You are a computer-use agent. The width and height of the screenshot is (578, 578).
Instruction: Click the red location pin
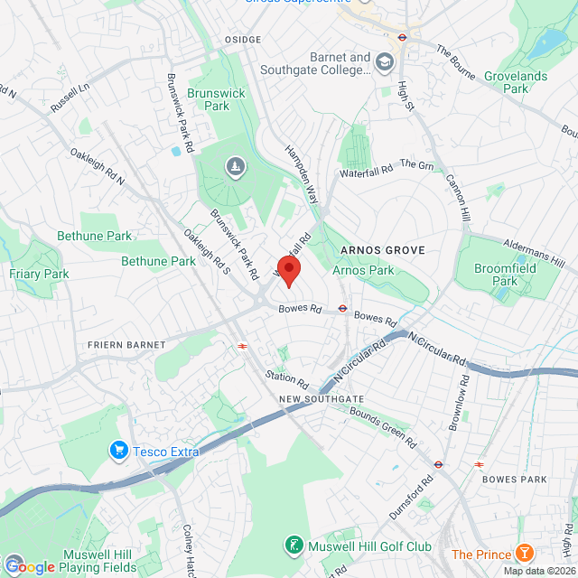[x=288, y=270]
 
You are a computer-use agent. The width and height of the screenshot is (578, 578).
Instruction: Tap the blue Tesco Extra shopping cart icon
[x=117, y=449]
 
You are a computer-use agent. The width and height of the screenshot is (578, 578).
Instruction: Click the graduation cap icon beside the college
[x=385, y=62]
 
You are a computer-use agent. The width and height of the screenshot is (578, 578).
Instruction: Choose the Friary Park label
[x=39, y=274]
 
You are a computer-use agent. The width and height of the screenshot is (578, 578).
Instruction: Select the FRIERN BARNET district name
[x=126, y=345]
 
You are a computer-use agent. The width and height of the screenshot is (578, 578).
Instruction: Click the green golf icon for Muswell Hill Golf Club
[x=294, y=545]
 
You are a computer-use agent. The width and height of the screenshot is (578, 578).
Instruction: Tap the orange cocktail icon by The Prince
[x=524, y=555]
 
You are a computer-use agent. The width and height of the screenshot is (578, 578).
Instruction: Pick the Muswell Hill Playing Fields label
[x=99, y=561]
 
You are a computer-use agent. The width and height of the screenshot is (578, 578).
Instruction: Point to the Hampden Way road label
[x=303, y=170]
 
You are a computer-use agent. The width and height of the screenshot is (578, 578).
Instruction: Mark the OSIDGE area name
[x=242, y=40]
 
